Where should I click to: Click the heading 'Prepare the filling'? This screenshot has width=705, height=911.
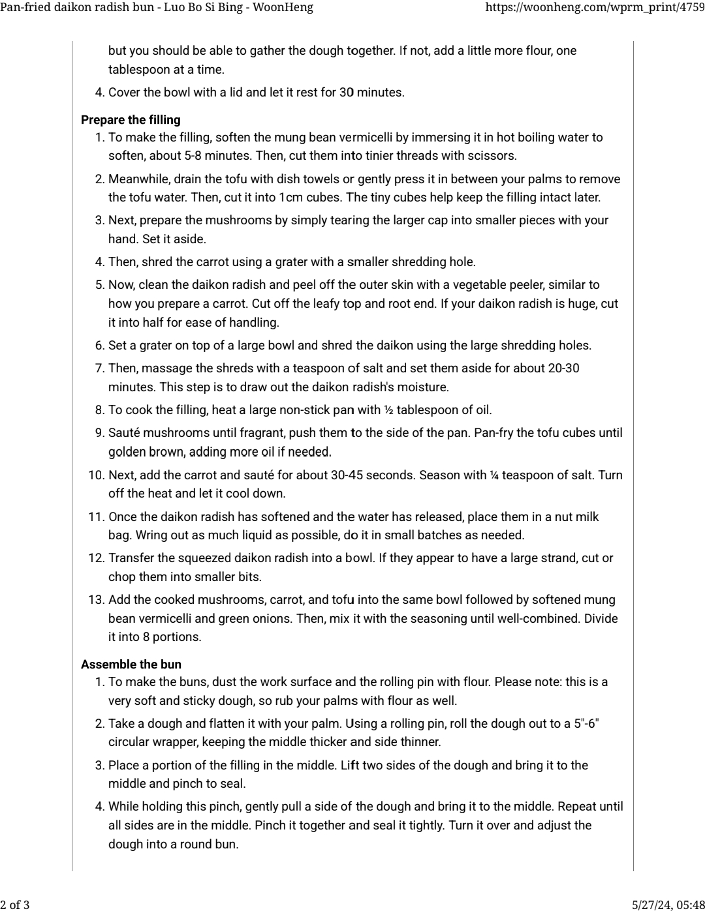point(131,120)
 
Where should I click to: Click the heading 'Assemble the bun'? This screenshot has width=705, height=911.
point(131,665)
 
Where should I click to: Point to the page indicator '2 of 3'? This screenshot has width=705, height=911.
point(15,904)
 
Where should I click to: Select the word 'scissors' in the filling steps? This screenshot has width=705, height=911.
point(493,156)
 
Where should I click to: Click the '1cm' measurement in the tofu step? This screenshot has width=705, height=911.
point(290,198)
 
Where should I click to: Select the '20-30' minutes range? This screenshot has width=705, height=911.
point(563,368)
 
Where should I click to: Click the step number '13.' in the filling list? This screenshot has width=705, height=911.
point(96,600)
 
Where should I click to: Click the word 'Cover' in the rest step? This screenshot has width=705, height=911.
point(124,93)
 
